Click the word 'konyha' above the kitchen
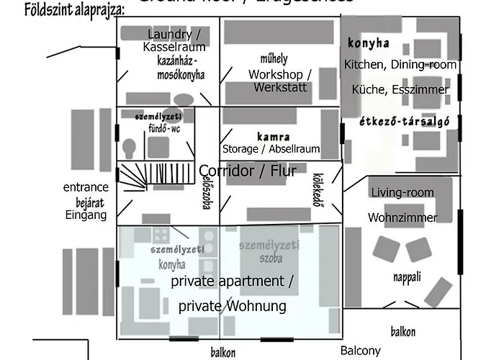[x=368, y=42]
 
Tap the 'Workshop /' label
[x=279, y=74]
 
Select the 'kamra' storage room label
[x=273, y=136]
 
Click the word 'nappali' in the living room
[x=408, y=277]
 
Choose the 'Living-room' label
[x=402, y=192]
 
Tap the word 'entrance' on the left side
[x=86, y=187]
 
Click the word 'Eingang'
[x=86, y=215]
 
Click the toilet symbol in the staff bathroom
[x=130, y=147]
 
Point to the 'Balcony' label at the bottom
[x=360, y=351]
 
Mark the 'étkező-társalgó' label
[x=404, y=122]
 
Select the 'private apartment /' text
[x=232, y=282]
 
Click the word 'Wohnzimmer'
[x=402, y=217]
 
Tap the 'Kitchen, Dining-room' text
[x=400, y=65]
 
